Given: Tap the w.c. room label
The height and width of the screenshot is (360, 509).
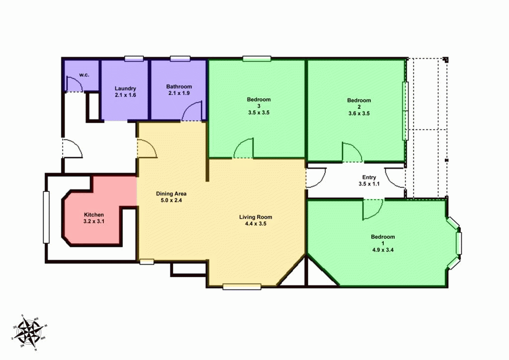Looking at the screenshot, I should (x=84, y=75).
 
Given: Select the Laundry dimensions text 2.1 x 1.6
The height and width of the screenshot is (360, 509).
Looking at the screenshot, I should (x=125, y=94).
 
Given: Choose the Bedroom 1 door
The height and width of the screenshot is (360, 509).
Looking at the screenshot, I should (x=372, y=209).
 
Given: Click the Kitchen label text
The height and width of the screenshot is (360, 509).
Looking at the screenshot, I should (x=93, y=215).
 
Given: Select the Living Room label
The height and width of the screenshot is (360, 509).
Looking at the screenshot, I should (x=255, y=217).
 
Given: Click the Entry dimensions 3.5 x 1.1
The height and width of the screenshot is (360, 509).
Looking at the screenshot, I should (x=369, y=184).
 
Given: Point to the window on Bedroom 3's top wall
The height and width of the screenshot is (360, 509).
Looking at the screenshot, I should (x=257, y=59).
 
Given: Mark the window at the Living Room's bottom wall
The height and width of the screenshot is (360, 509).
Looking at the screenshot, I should (x=242, y=286).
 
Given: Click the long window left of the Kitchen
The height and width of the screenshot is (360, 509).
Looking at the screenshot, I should (x=46, y=217).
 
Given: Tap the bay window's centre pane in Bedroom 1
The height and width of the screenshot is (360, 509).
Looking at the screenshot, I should (x=459, y=242).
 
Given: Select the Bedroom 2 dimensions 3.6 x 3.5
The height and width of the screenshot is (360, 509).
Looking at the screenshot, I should (x=359, y=113).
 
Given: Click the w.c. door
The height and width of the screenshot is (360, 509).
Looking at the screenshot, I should (x=75, y=86).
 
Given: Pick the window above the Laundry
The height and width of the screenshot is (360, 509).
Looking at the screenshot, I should (x=134, y=59).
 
